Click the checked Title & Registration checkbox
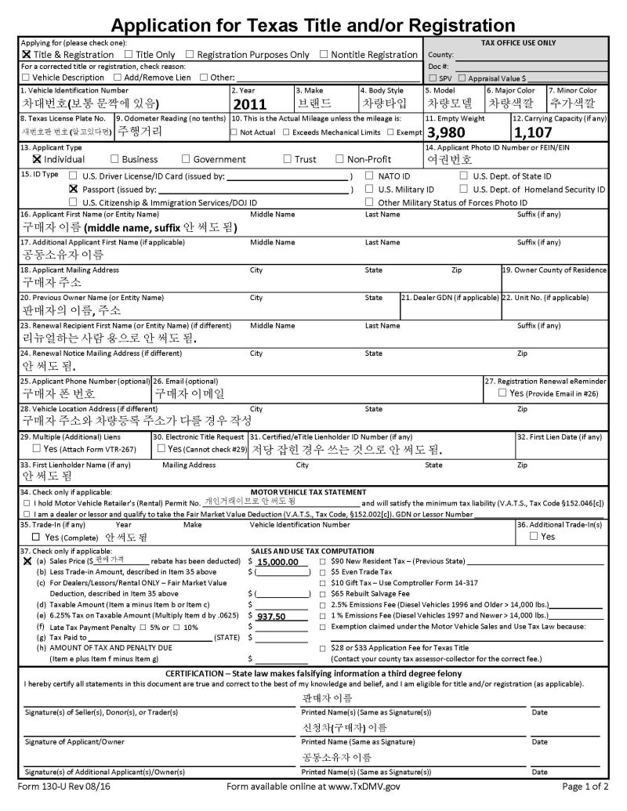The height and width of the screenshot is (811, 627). [x=27, y=55]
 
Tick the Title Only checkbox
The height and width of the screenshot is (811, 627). [x=129, y=55]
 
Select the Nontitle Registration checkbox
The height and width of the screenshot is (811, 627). [x=324, y=55]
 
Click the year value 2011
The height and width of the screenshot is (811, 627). [x=250, y=104]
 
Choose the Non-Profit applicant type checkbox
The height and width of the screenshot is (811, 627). [x=340, y=159]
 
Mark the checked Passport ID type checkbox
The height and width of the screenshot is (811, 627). [x=74, y=189]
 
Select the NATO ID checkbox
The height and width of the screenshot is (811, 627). [x=370, y=176]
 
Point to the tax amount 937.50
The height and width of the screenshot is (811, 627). [x=270, y=616]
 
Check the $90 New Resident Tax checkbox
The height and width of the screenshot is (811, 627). [x=323, y=562]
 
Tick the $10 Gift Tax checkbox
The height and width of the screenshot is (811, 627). [x=323, y=584]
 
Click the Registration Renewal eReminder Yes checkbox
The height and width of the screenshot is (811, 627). [x=502, y=393]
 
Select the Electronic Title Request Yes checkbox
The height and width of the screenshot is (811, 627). [x=161, y=449]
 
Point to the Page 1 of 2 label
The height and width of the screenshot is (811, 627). [x=585, y=785]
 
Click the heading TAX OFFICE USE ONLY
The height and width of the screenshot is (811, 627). [x=517, y=42]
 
